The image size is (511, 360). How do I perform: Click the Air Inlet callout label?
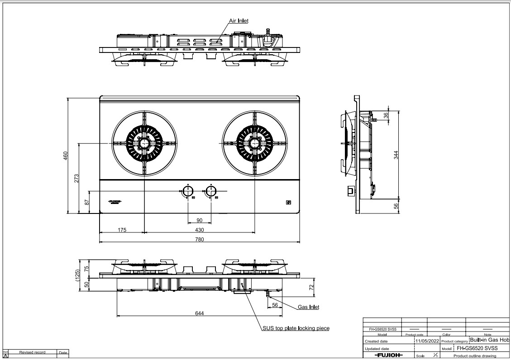239,21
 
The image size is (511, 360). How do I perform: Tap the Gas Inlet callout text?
308,307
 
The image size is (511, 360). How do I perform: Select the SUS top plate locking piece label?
296,328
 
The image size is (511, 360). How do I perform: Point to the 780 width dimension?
199,239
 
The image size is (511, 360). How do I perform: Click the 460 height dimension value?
65,156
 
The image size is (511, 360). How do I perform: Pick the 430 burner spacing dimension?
199,230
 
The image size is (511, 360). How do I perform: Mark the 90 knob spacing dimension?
199,220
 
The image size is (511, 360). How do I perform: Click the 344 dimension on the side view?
396,154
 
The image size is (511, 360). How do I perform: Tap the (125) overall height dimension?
77,275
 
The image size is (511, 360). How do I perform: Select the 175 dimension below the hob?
122,230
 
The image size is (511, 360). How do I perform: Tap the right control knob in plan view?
210,190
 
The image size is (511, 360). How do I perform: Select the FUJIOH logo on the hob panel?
115,202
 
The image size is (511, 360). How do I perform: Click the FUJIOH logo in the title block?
388,355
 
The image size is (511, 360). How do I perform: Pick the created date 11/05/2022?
427,341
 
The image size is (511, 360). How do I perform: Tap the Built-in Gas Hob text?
489,340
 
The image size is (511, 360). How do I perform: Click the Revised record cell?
32,352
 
